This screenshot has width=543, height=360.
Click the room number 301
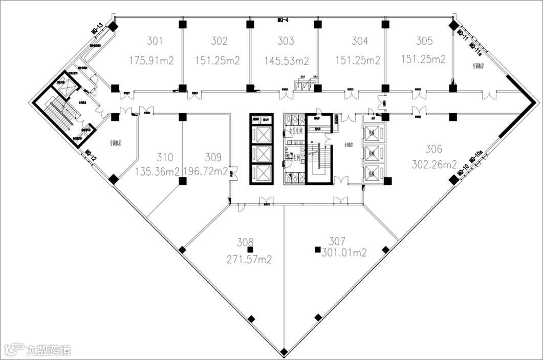tap(155, 41)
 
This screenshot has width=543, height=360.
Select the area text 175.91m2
tap(151, 60)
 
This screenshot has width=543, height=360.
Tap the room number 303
tap(286, 41)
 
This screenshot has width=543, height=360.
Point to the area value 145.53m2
tap(287, 61)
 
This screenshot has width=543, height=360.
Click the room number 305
tap(424, 41)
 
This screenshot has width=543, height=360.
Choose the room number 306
tap(434, 149)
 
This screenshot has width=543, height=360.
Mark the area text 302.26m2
tap(435, 165)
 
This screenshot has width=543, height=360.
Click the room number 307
tap(337, 241)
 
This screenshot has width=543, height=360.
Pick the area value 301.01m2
tap(344, 252)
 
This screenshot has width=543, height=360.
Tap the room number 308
tap(245, 242)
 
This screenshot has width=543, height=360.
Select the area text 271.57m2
tap(249, 260)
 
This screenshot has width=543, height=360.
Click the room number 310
tap(165, 157)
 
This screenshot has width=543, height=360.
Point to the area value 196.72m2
tap(205, 172)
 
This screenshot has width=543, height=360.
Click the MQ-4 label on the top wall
tap(284, 20)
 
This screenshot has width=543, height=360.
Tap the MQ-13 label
tap(97, 29)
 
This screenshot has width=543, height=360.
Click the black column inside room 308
tap(250, 250)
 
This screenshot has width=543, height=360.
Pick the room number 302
tap(219, 41)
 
